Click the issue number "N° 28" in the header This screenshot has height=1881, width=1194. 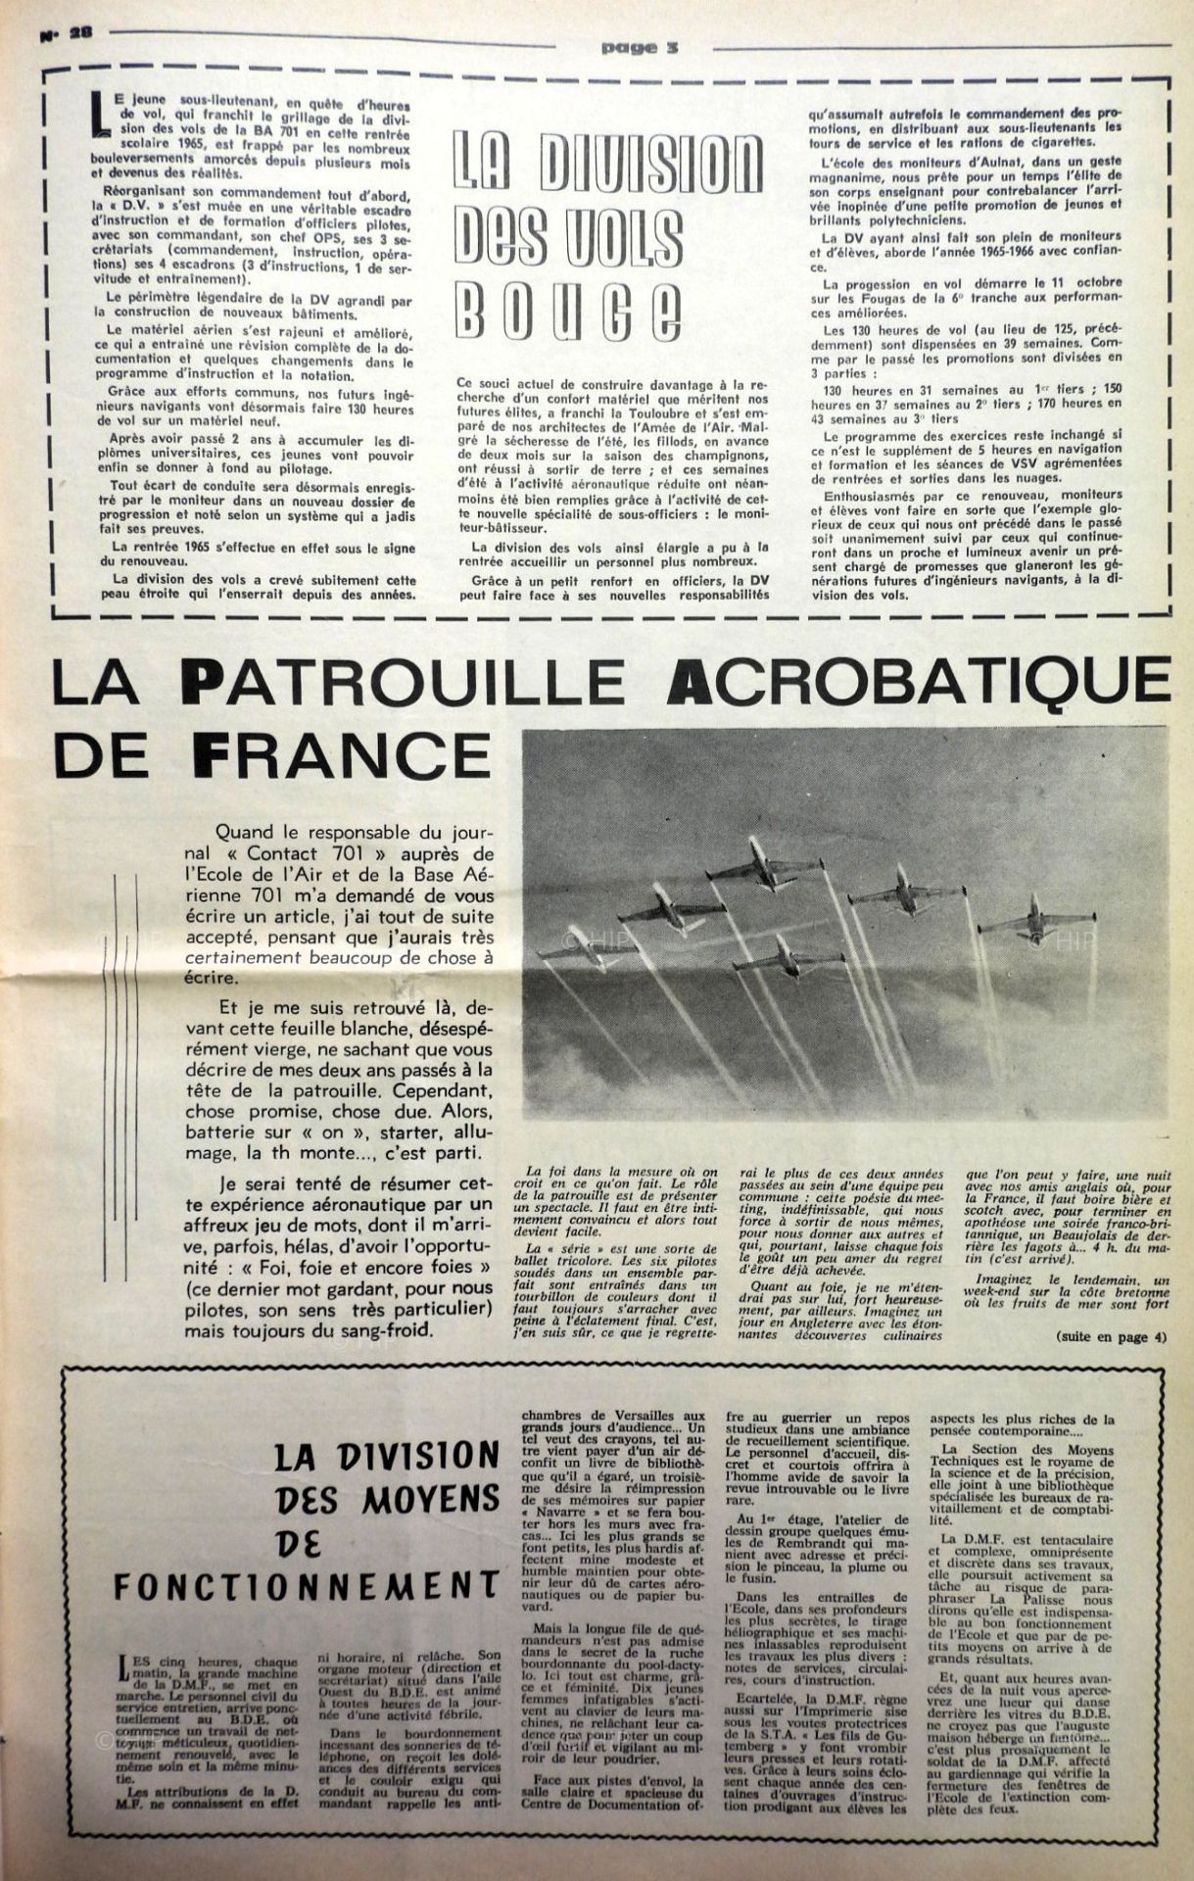tap(66, 31)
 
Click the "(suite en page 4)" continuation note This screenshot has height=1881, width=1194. tap(1112, 1337)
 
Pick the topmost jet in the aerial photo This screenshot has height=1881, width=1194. tap(755, 862)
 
